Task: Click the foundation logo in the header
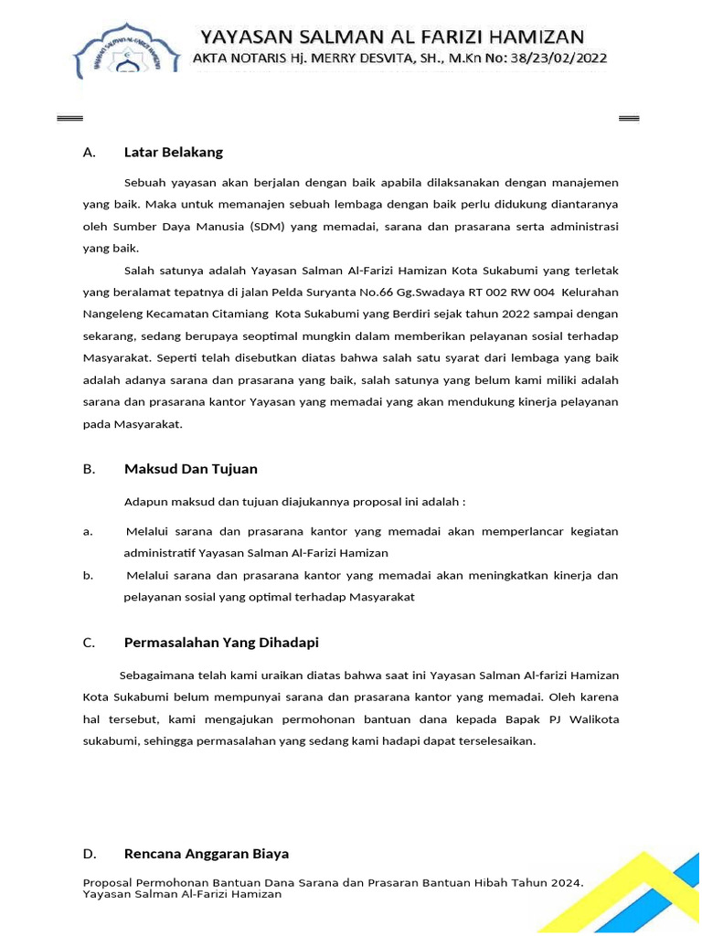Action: click(x=129, y=56)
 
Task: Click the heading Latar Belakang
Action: click(x=174, y=152)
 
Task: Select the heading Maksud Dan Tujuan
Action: click(x=191, y=469)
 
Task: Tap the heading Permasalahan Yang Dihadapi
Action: click(x=221, y=643)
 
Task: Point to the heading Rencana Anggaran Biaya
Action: click(x=207, y=854)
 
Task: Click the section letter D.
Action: click(x=90, y=854)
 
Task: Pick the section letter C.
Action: click(x=89, y=643)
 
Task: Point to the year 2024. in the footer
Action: click(x=566, y=883)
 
